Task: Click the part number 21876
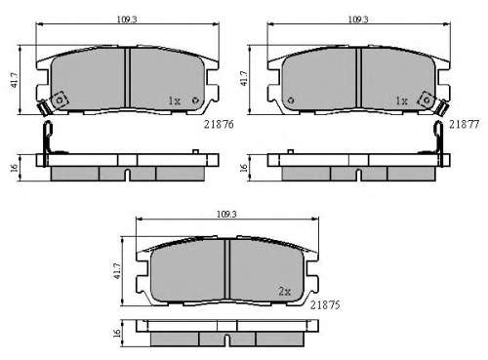[x=219, y=124]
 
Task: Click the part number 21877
[x=464, y=124]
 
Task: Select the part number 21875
[x=325, y=305]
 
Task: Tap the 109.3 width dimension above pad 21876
[x=127, y=20]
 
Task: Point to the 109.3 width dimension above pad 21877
[x=358, y=20]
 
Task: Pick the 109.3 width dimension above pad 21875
[x=226, y=215]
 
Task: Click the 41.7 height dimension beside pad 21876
[x=15, y=80]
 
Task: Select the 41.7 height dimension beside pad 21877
[x=244, y=78]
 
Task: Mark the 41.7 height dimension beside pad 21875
[x=117, y=270]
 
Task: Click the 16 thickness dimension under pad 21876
[x=14, y=168]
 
